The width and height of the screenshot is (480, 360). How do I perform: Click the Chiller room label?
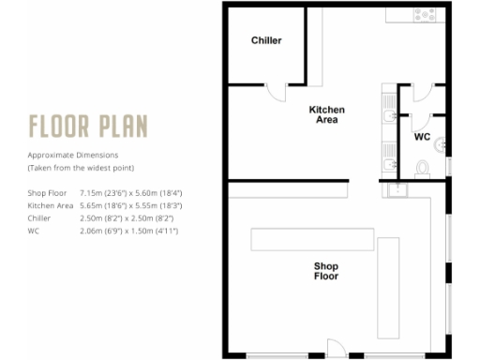[266, 40]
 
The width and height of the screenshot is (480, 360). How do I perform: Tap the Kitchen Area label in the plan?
[326, 115]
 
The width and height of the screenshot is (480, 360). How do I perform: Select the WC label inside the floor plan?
[422, 137]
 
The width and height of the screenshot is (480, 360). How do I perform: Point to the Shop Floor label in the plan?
[325, 271]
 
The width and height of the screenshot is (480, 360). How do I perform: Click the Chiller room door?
[277, 91]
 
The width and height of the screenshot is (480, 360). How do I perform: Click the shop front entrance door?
[336, 348]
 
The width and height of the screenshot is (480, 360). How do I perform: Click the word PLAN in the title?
[121, 126]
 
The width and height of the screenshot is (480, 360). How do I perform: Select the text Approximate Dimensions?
[73, 155]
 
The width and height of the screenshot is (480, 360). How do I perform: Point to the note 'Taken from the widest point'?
[81, 167]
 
